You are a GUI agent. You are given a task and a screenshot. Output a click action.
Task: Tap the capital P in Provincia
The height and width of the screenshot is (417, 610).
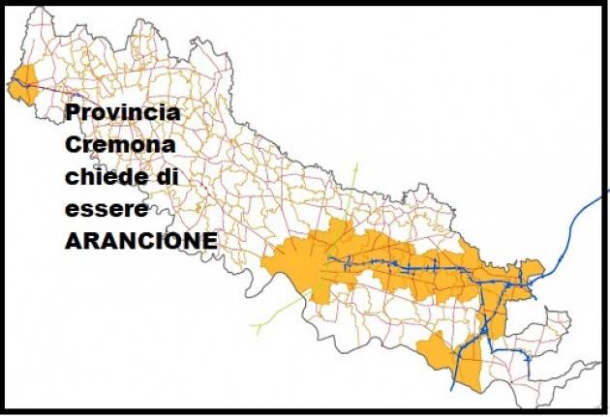[73, 113]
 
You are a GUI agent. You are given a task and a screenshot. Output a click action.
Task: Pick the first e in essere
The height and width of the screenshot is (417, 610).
[72, 210]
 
